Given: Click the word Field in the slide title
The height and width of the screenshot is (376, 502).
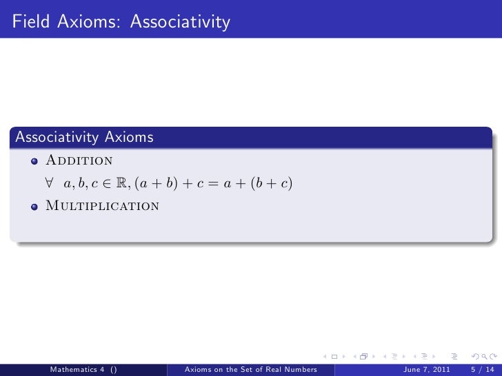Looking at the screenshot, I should pos(28,23).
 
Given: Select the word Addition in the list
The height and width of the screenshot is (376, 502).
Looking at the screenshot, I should pos(79,161).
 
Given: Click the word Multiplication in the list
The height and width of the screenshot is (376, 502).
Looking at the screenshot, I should pos(103,206).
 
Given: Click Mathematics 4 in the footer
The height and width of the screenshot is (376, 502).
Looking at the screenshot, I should pos(77,369).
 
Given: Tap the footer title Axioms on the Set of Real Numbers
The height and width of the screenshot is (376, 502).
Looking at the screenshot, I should pos(250,369).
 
